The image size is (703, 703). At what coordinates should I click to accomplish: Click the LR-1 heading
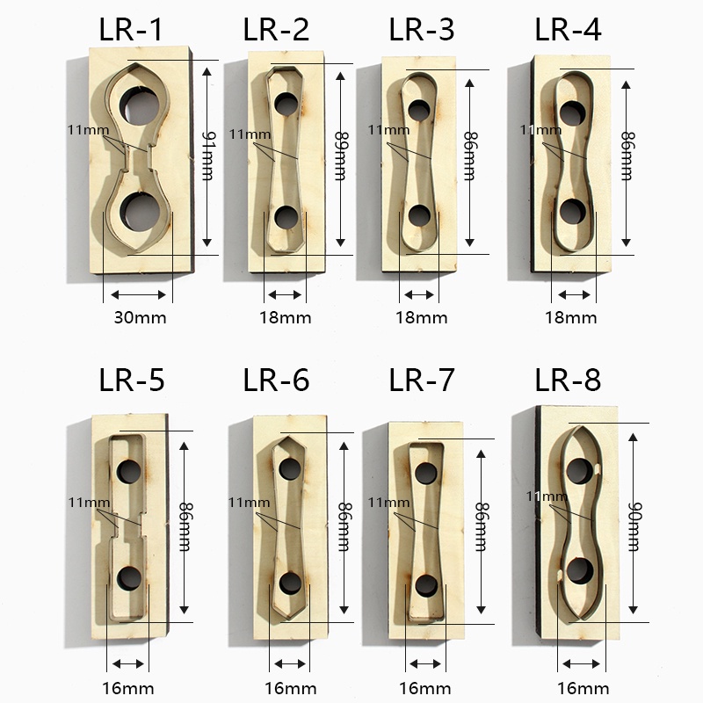point(130,30)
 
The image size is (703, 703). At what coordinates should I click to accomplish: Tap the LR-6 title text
point(276,380)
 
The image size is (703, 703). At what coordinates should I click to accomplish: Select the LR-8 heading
point(568,380)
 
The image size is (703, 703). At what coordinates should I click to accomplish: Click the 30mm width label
point(140,318)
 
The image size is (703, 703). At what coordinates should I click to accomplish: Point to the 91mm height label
point(207,156)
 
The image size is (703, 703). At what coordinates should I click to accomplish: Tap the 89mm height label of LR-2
point(341,156)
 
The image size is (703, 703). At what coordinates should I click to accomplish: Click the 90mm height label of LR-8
point(634,526)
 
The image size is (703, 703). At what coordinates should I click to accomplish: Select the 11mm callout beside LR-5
point(89,502)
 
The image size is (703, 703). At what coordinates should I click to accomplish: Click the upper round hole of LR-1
point(141,105)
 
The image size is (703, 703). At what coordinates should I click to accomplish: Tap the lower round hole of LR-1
point(141,211)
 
